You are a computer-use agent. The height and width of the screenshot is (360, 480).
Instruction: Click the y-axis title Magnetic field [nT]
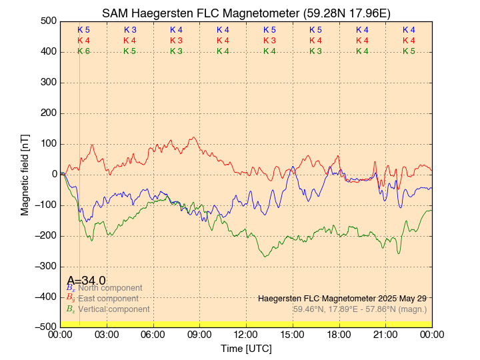25,173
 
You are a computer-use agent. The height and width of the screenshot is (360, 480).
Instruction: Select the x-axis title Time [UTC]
246,349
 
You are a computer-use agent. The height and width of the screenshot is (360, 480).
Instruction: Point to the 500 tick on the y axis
47,21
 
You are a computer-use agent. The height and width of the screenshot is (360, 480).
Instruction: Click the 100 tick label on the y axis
47,143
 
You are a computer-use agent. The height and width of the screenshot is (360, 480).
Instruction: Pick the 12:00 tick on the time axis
246,334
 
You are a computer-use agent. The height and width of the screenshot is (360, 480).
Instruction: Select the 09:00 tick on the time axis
199,334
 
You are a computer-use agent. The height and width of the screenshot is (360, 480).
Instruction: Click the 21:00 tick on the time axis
385,334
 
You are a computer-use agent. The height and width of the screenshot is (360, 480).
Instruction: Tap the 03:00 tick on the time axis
107,334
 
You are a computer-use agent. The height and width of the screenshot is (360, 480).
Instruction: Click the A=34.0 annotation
86,281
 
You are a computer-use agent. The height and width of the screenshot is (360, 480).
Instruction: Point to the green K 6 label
83,51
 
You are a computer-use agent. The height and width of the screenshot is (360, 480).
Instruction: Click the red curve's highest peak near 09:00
194,137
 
